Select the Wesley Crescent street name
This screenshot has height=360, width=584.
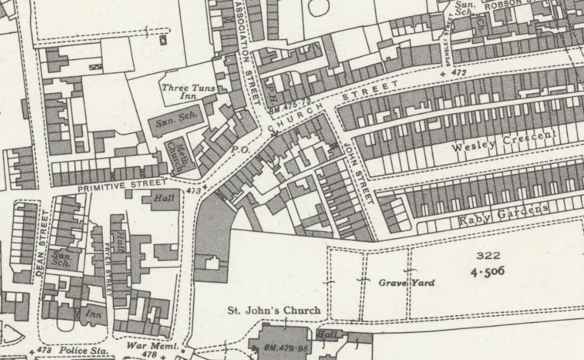504,142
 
